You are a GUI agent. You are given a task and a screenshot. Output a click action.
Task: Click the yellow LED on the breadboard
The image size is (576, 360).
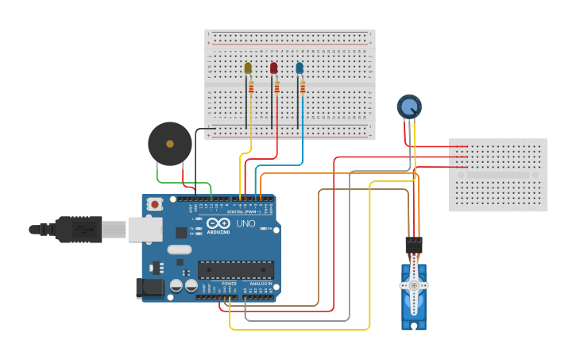(248, 68)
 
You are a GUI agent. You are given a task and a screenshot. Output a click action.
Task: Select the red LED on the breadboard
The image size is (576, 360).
(273, 68)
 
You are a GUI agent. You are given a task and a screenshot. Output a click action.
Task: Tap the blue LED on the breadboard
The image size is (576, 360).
(300, 68)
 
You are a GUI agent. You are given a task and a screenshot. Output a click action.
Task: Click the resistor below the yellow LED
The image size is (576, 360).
(251, 87)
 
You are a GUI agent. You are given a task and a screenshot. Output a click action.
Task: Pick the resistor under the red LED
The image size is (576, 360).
(276, 87)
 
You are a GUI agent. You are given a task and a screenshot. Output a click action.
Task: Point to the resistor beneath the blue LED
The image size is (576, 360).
(303, 87)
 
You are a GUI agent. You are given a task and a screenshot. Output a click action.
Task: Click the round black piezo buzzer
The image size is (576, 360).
(169, 144)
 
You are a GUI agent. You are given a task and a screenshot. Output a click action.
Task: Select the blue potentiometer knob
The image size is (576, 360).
(408, 106)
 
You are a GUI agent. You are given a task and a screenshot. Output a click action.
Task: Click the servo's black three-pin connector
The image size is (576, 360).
(413, 245)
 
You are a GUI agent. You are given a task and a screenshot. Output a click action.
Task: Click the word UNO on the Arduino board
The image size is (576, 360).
(245, 224)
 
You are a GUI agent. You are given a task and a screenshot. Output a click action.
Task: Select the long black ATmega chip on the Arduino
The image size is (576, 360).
(236, 270)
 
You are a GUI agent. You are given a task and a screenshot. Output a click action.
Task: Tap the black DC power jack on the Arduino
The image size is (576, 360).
(150, 288)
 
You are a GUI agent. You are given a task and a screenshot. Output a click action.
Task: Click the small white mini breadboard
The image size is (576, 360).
(498, 175)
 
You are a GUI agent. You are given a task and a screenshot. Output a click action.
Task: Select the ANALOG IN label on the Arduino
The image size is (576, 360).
(260, 284)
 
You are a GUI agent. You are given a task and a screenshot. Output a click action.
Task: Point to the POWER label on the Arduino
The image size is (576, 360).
(229, 284)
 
